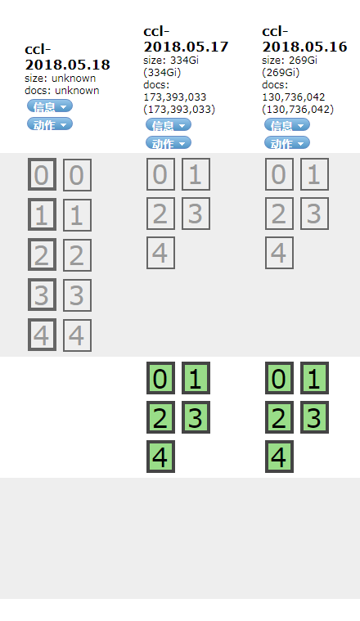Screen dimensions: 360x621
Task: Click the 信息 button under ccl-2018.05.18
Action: click(50, 106)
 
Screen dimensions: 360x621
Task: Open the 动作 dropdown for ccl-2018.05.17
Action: click(169, 142)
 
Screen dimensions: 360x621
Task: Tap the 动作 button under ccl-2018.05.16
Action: click(287, 142)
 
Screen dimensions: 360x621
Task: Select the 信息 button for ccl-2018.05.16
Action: click(287, 124)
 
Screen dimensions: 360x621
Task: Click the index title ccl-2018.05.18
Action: click(67, 57)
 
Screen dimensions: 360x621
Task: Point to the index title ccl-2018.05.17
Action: click(186, 38)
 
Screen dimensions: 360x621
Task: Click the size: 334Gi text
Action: click(171, 61)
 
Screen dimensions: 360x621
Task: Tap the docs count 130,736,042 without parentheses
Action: click(294, 97)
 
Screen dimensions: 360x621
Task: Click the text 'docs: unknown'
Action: click(62, 90)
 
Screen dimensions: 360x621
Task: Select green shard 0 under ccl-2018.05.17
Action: click(161, 378)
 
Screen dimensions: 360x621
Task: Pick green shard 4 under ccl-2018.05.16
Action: click(279, 457)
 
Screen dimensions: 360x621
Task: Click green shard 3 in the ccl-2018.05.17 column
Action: click(196, 417)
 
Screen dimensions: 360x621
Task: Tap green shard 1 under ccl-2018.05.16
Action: click(314, 378)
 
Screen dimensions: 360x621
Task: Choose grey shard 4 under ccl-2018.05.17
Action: click(161, 253)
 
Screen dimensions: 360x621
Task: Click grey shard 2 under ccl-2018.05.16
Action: click(279, 214)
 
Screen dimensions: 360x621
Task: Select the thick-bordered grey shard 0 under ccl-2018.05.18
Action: click(42, 174)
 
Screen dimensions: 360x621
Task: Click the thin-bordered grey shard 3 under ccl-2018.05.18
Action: click(77, 295)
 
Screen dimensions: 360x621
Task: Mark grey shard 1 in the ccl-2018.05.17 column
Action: click(196, 174)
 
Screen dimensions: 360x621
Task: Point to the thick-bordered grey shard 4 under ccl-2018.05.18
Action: click(42, 335)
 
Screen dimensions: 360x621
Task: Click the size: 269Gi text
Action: click(290, 61)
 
